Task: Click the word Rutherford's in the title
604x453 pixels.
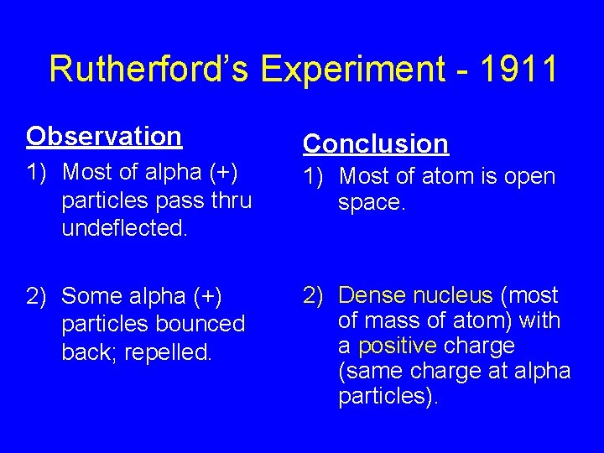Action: tap(149, 70)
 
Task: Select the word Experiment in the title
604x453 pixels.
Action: tap(351, 70)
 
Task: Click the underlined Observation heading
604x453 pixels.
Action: tap(104, 136)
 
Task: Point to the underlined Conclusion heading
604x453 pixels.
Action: tap(376, 144)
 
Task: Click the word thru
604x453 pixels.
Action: tap(228, 200)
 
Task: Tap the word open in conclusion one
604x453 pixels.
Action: tap(528, 177)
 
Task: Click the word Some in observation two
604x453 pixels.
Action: tap(91, 296)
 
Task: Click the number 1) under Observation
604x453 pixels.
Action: tap(37, 173)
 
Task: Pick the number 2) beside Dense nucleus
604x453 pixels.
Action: tap(314, 295)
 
